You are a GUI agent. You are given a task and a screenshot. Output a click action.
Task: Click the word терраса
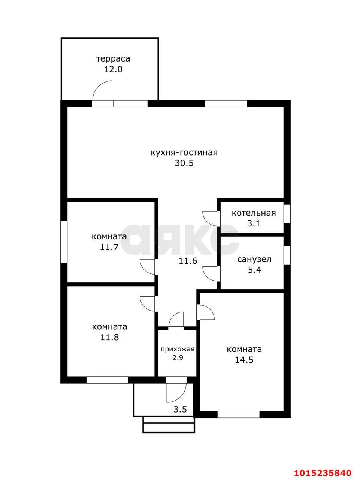click(x=113, y=59)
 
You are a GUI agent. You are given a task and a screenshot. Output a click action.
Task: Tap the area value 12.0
click(x=113, y=69)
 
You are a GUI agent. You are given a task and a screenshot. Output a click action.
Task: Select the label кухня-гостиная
click(x=184, y=153)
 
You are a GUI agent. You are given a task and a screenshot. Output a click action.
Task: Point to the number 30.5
click(x=184, y=163)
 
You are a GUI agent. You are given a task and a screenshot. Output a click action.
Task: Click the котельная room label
click(x=254, y=213)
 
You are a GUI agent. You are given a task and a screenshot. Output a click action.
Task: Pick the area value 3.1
click(x=254, y=224)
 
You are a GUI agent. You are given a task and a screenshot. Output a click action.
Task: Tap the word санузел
click(x=254, y=259)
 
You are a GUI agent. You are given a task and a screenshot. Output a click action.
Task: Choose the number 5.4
click(x=254, y=270)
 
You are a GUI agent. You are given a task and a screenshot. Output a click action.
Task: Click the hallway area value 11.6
click(x=188, y=261)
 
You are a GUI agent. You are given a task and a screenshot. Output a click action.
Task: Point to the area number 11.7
click(x=109, y=247)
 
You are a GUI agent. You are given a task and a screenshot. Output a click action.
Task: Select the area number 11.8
click(x=109, y=337)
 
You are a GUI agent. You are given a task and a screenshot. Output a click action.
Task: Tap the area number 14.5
click(x=244, y=360)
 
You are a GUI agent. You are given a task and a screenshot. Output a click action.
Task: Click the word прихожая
click(x=178, y=349)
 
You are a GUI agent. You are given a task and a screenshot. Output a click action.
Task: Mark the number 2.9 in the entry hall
click(x=178, y=358)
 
